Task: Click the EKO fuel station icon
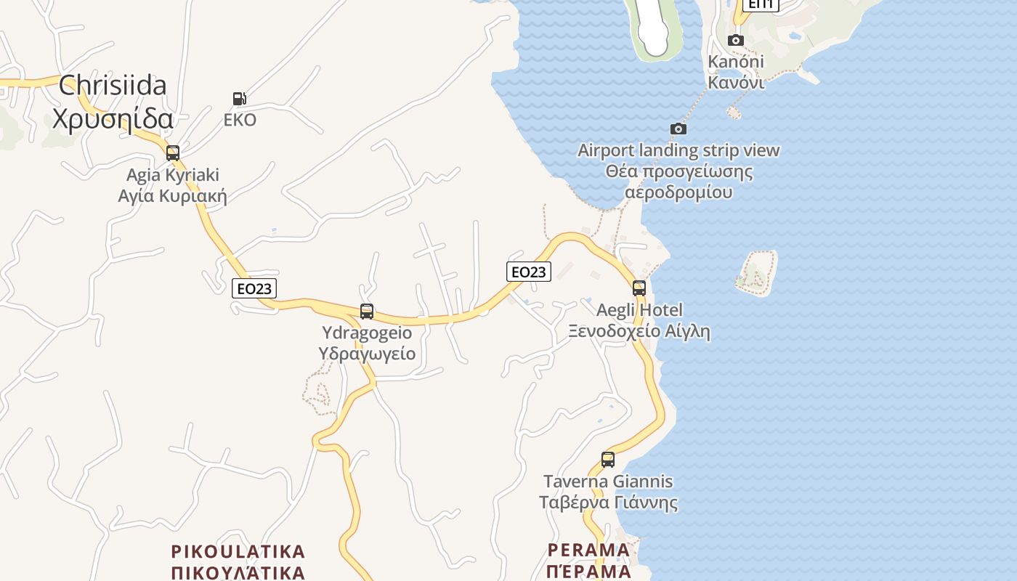click(x=239, y=99)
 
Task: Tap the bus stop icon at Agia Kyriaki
click(x=173, y=153)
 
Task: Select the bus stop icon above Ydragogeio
click(x=367, y=312)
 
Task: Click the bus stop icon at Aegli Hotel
click(x=639, y=288)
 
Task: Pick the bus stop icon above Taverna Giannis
click(x=608, y=460)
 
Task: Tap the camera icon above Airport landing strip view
click(x=678, y=129)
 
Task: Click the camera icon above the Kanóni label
click(x=736, y=40)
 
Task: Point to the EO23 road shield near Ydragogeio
click(x=254, y=288)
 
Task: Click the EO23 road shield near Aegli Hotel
click(x=528, y=272)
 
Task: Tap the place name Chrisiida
click(x=113, y=85)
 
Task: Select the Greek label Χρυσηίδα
click(x=113, y=118)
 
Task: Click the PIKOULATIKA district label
click(x=238, y=550)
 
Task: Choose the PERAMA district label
click(x=588, y=550)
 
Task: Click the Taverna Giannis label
click(x=608, y=482)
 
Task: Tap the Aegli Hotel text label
click(x=639, y=310)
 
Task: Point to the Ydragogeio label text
click(x=367, y=333)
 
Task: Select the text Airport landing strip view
click(x=678, y=150)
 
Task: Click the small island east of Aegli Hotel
click(x=755, y=273)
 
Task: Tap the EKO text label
click(x=240, y=121)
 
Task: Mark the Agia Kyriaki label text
click(x=173, y=175)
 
